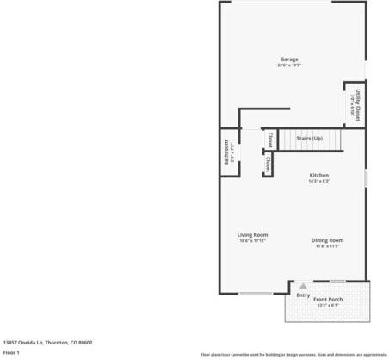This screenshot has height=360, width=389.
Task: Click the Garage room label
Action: [288, 59]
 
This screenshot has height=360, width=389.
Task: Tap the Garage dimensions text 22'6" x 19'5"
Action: [288, 65]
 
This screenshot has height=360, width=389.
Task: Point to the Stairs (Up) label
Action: [309, 138]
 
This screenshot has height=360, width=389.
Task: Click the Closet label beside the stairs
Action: [269, 139]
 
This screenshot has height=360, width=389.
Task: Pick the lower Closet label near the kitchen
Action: [268, 164]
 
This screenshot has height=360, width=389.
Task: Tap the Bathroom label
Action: [227, 152]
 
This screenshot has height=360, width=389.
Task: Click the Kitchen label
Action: [319, 175]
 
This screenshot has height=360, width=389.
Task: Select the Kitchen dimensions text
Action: [319, 181]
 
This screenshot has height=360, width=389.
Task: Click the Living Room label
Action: [253, 234]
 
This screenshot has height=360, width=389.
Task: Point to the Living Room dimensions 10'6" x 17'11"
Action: [253, 240]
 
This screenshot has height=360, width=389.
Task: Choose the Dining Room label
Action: [327, 239]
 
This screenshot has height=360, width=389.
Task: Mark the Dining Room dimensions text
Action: [327, 246]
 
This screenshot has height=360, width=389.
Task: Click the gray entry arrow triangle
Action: [302, 287]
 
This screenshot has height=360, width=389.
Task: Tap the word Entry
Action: [303, 295]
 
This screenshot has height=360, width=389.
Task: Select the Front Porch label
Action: [328, 300]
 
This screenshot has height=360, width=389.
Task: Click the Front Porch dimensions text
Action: [328, 306]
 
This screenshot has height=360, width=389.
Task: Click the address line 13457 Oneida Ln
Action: [47, 342]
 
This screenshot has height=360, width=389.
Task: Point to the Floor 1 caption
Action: [11, 352]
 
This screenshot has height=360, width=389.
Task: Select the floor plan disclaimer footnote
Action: [293, 354]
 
